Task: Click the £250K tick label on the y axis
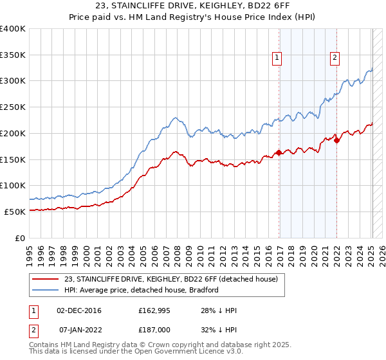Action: tap(13, 107)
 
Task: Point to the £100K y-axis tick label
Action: tap(13, 185)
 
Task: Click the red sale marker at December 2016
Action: tap(279, 152)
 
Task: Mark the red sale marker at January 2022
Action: tap(336, 140)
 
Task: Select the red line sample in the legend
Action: tap(46, 279)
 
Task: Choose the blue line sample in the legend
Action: tap(46, 290)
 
